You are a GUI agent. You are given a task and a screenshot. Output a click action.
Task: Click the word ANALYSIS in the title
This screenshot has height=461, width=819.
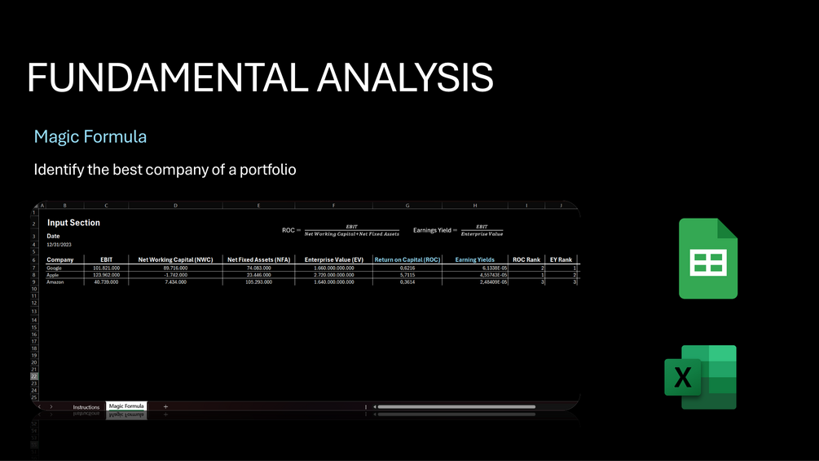click(405, 78)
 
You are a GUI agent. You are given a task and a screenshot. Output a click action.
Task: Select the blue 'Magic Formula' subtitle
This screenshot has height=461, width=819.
click(90, 136)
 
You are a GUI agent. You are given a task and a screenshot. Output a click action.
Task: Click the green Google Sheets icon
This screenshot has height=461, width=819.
click(708, 259)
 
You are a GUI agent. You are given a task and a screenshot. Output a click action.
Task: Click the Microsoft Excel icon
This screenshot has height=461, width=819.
click(700, 377)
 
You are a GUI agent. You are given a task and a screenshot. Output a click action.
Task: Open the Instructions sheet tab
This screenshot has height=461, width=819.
click(86, 406)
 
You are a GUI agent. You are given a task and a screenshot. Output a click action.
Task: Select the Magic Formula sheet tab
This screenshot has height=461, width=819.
click(126, 406)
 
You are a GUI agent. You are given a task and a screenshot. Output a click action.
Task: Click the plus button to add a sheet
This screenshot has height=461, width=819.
click(165, 406)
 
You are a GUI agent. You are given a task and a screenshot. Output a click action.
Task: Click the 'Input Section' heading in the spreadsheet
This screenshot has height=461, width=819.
click(73, 222)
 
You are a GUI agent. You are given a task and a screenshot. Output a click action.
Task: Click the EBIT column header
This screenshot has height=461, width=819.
click(107, 259)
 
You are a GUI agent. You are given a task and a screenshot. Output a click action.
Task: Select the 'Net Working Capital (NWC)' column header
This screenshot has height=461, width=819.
click(175, 259)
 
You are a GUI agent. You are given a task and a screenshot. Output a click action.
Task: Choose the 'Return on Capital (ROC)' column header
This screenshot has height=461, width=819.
click(407, 259)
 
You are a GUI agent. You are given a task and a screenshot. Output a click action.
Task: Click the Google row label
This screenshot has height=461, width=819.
click(55, 268)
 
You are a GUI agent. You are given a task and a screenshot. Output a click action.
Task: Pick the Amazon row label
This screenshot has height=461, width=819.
click(56, 281)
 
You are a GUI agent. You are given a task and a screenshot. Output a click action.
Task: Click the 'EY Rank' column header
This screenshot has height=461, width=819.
click(561, 259)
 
